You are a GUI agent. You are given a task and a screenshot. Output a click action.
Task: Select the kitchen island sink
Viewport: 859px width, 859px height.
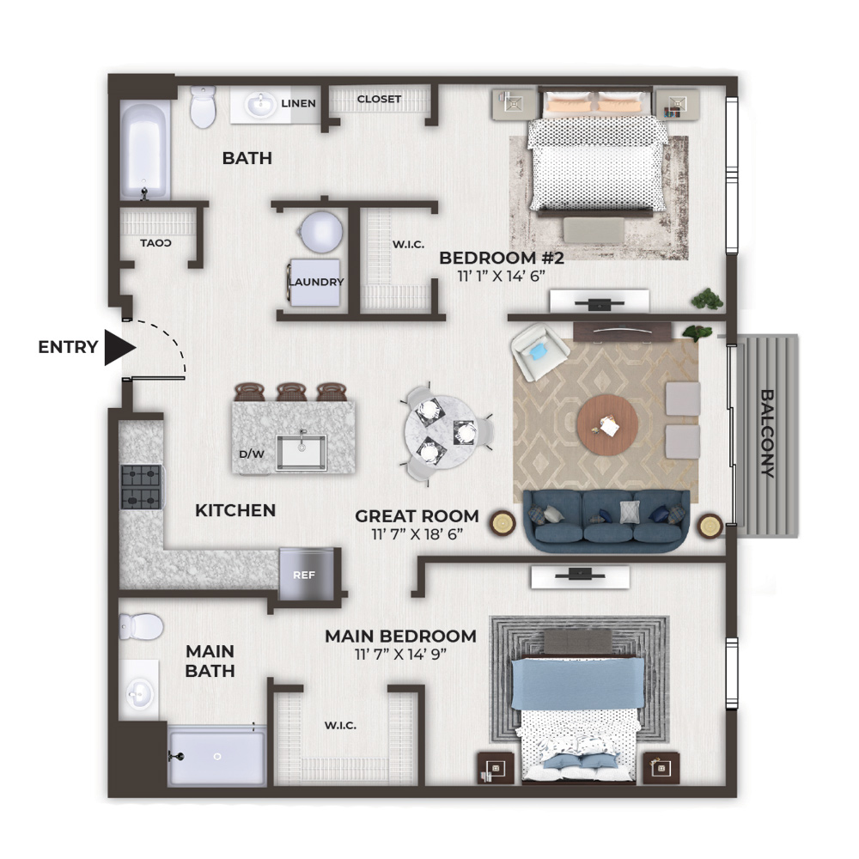302,453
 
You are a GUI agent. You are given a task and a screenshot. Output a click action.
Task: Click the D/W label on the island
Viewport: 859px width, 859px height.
252,454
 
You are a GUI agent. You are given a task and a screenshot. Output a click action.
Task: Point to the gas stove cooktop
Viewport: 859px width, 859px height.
141,487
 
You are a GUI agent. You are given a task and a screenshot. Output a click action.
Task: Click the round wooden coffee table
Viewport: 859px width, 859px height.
607,424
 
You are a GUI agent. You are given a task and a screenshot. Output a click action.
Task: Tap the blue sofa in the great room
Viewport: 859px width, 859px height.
606,521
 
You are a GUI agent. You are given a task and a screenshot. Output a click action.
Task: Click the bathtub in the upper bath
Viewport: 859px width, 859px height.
144,150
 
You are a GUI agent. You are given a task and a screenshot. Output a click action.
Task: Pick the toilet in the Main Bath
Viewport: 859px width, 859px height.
142,626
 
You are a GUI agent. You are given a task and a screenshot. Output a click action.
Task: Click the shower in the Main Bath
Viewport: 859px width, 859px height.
217,756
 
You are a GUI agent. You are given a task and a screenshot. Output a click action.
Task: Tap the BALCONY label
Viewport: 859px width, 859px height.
767,433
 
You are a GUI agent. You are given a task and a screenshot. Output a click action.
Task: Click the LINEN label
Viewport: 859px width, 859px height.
299,104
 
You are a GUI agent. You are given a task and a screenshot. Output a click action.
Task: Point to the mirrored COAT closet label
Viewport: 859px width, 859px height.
155,243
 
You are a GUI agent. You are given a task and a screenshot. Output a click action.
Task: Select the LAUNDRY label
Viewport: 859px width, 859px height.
317,282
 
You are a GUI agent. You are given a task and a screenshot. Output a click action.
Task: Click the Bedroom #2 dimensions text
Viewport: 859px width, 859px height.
502,276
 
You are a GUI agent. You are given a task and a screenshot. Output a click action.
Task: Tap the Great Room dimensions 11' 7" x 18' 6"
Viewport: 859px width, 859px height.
417,533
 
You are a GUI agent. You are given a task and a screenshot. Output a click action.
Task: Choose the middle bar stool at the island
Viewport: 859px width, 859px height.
291,392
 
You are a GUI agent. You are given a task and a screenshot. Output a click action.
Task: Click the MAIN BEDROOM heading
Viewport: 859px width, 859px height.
400,636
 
